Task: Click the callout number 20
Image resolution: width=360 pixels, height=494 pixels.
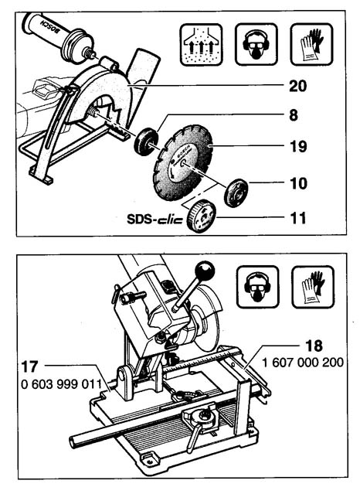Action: tap(297, 86)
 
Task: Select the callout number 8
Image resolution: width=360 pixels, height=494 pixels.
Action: tap(294, 115)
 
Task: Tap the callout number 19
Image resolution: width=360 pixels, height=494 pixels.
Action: tap(297, 146)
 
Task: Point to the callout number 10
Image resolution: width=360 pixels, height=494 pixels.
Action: tap(298, 183)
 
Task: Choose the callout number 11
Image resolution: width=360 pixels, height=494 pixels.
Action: tap(298, 218)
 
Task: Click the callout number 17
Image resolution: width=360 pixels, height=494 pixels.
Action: tap(30, 366)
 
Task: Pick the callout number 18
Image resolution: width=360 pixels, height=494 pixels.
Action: tap(314, 346)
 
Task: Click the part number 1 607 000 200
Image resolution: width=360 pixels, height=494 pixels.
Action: tap(303, 363)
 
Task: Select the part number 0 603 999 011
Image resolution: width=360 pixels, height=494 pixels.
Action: tap(62, 384)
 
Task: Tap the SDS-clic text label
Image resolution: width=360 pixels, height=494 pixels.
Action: tap(155, 219)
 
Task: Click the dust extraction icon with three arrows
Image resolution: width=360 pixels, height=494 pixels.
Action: tap(202, 45)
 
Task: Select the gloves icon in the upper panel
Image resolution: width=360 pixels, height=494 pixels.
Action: tap(311, 45)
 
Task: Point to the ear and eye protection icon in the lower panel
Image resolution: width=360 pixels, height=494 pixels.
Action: tap(257, 287)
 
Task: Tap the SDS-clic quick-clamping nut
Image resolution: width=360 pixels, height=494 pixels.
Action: tap(202, 216)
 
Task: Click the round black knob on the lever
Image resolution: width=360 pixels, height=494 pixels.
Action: tap(205, 271)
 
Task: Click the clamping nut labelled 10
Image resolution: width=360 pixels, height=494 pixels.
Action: tap(236, 192)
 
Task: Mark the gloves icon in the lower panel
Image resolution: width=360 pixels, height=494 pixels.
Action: tap(313, 287)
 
